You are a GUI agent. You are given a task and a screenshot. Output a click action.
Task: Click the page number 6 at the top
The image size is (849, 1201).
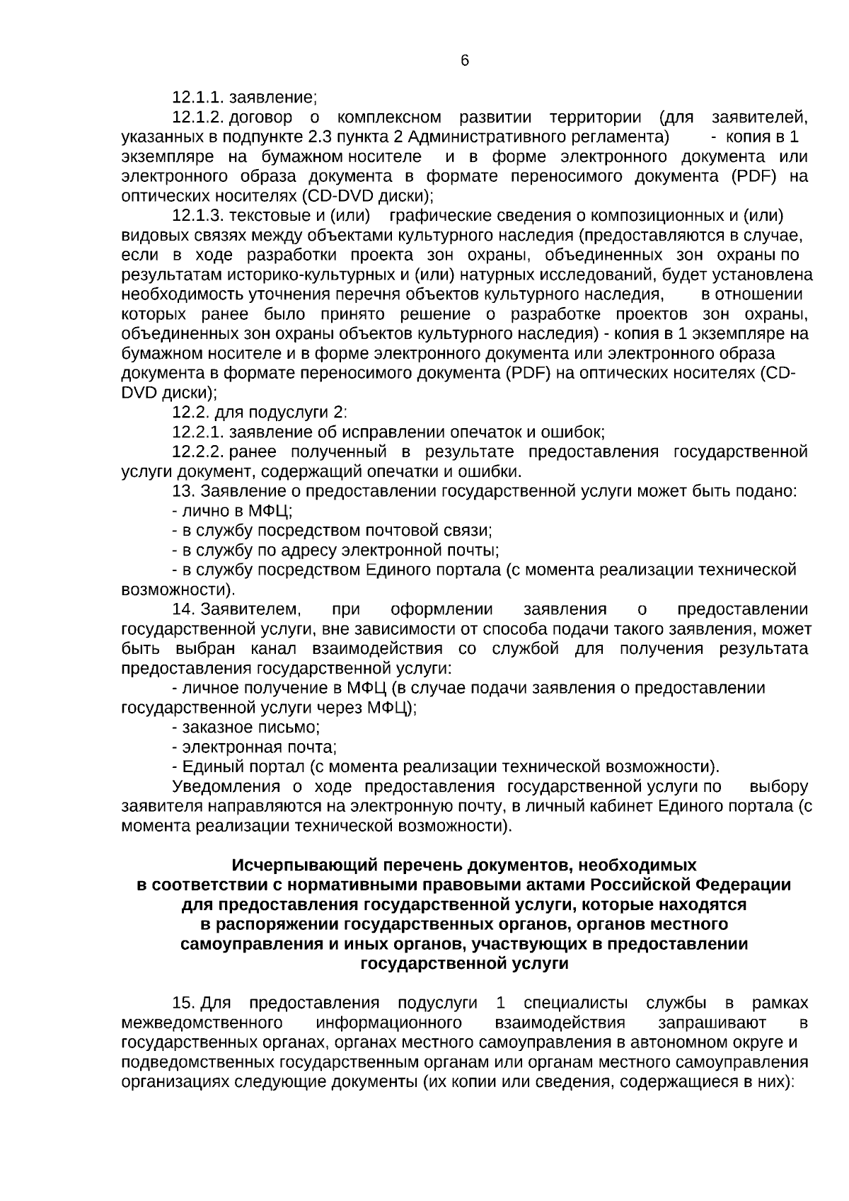[465, 61]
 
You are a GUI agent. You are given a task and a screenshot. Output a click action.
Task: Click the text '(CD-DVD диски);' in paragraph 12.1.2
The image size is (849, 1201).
[367, 195]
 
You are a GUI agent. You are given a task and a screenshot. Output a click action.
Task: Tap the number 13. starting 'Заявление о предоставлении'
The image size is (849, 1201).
[184, 491]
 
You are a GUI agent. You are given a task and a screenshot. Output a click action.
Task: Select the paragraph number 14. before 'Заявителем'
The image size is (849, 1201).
[184, 609]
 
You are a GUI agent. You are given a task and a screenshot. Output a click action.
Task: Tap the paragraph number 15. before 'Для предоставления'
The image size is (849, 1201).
[184, 1003]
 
